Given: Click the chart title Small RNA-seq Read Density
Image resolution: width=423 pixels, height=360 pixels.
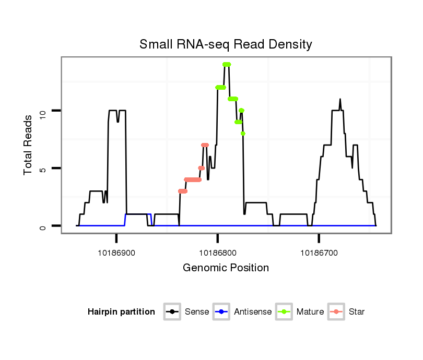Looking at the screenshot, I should click(x=226, y=44).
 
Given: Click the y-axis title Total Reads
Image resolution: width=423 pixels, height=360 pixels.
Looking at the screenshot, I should click(x=29, y=145).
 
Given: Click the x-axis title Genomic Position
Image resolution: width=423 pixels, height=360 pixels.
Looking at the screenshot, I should click(x=226, y=268).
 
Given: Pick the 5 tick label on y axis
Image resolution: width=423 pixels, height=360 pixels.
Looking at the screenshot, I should click(x=42, y=169).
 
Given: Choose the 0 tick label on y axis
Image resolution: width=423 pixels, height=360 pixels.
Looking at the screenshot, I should click(x=42, y=226).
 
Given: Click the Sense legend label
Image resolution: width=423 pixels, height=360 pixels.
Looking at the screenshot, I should click(x=197, y=312).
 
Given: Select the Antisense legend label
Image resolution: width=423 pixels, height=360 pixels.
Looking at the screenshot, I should click(x=253, y=312).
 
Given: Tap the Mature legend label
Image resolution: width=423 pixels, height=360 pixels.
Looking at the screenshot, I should click(x=310, y=312).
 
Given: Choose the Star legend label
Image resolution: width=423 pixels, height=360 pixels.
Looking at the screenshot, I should click(x=357, y=312).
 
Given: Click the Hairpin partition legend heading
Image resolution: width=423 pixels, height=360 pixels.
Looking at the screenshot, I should click(x=121, y=312).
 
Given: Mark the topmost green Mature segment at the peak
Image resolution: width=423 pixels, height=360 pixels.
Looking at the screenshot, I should click(x=226, y=64).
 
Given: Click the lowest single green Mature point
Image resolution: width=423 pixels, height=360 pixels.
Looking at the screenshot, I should click(x=243, y=134).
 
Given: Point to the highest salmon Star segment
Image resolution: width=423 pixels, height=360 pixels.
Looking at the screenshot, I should click(x=205, y=145).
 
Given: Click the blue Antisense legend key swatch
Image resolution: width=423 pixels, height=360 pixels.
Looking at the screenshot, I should click(x=222, y=312).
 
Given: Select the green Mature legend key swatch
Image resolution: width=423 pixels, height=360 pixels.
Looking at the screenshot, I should click(x=285, y=312).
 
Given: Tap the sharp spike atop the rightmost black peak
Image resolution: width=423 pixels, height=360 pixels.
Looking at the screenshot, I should click(x=340, y=99).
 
